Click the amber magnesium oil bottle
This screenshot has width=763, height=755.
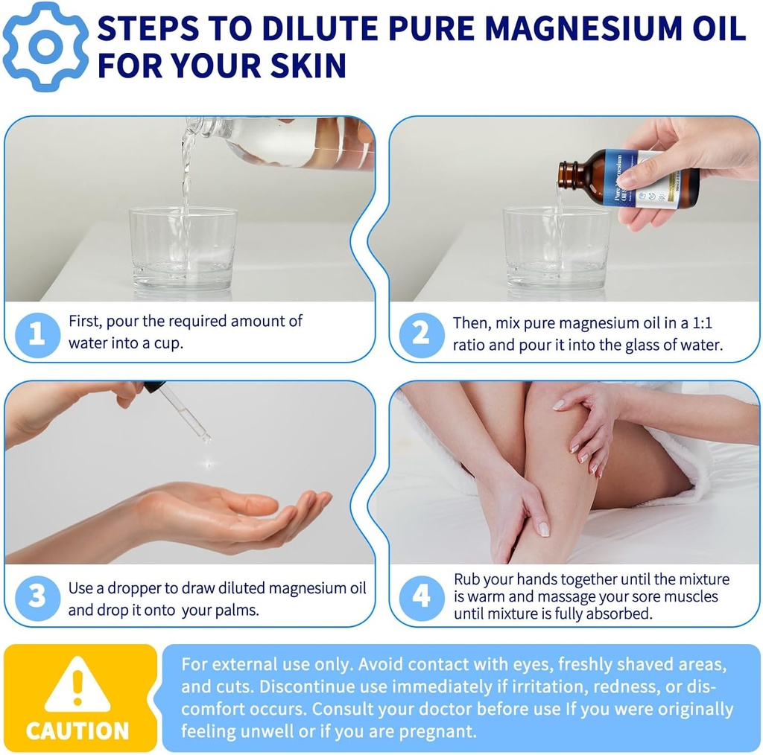point(630,178)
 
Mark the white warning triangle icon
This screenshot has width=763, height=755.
point(77,685)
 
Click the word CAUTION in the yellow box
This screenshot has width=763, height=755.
point(77,730)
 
